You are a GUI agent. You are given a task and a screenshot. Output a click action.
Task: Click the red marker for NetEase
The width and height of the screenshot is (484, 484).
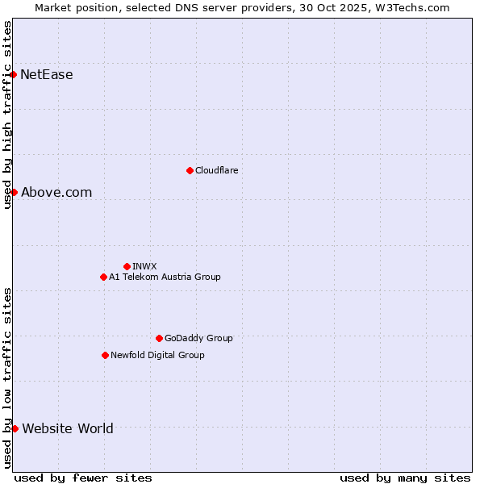pos(14,75)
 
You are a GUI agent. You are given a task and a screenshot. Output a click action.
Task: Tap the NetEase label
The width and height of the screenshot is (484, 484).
pos(47,75)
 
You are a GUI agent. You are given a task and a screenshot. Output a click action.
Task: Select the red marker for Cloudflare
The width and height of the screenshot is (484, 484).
pos(190,170)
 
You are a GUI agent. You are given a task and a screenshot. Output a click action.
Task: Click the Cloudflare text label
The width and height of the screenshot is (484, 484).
pos(217,170)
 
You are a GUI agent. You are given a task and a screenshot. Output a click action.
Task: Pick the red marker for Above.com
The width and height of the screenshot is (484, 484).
pos(14,192)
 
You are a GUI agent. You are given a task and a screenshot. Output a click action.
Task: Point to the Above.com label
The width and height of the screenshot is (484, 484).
pos(56,192)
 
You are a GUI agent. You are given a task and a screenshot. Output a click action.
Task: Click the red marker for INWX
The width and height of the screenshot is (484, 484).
pos(127,266)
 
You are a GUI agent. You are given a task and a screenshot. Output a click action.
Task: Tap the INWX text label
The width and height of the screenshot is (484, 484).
pos(145,266)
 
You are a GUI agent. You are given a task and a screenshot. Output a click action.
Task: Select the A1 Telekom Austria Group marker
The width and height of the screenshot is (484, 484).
pos(103,277)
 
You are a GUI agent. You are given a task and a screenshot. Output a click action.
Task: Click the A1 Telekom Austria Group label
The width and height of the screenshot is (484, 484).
pos(165,277)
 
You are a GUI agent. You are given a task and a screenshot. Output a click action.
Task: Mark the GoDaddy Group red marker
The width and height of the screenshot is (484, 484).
pos(159,338)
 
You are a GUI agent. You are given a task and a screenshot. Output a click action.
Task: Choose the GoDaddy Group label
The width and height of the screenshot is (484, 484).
pos(198,338)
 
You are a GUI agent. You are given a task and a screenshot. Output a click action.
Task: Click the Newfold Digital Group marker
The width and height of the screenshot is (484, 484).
pos(105,355)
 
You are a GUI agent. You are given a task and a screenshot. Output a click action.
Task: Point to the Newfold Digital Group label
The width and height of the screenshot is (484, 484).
pos(157,355)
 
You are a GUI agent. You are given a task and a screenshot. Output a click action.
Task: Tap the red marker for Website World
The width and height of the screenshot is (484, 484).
pos(15,428)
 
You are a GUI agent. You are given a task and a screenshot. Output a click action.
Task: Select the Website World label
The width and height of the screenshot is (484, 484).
pos(68,428)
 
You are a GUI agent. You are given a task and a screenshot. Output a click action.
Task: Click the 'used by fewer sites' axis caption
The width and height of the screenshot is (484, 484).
pos(83,478)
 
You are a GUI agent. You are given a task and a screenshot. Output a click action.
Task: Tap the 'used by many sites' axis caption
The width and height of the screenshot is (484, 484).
pos(405,478)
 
